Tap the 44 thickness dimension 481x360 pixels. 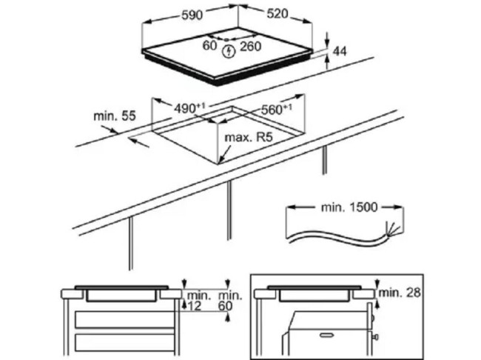pyautogui.click(x=340, y=51)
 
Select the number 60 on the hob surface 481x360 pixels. pyautogui.click(x=210, y=46)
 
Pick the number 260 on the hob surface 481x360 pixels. pyautogui.click(x=251, y=46)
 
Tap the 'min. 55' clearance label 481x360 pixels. pyautogui.click(x=115, y=116)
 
